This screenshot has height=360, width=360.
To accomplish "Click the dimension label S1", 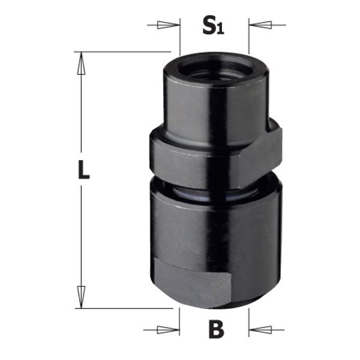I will (213, 26).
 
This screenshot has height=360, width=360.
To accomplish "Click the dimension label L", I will (83, 171).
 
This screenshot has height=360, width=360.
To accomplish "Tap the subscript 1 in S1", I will (221, 30).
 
